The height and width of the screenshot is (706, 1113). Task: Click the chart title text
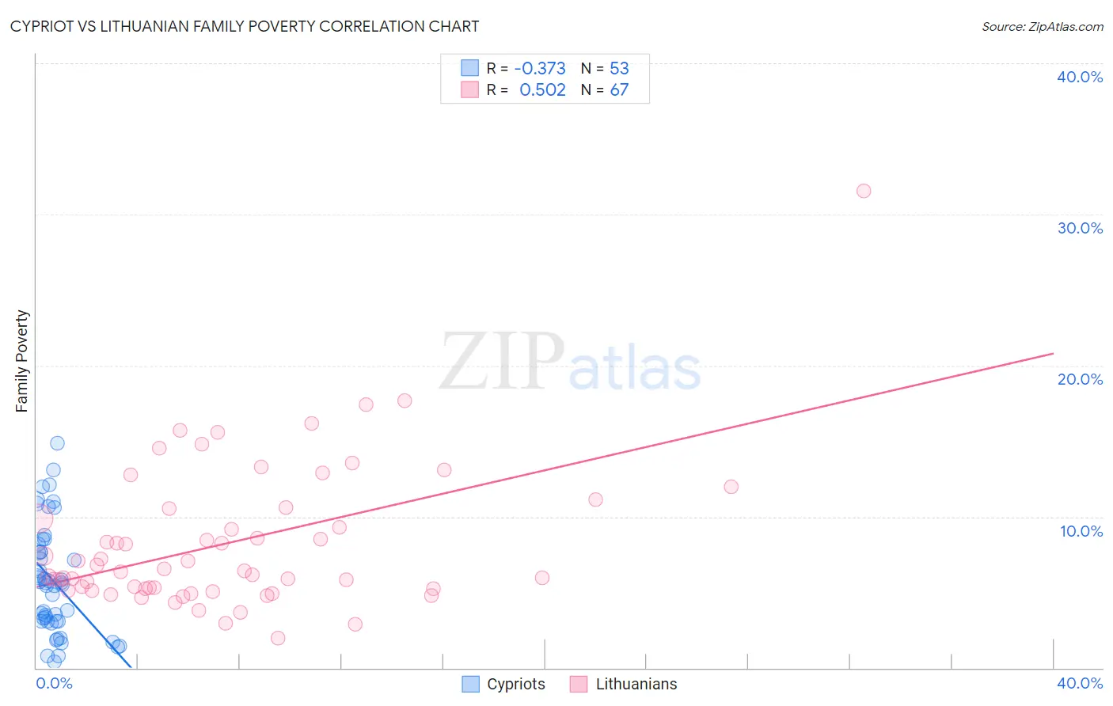[x=245, y=26]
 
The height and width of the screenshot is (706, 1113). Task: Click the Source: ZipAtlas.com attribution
[x=1042, y=27]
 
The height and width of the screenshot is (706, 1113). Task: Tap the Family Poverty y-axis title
[x=22, y=361]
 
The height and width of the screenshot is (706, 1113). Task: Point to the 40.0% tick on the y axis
[x=1080, y=77]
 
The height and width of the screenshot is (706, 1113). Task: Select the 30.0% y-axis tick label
[x=1080, y=228]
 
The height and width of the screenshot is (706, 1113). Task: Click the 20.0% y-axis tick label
[x=1080, y=379]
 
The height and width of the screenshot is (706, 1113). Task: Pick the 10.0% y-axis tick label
[x=1081, y=531]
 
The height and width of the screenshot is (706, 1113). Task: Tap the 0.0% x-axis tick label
[x=54, y=683]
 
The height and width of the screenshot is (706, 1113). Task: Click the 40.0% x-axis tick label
[x=1080, y=683]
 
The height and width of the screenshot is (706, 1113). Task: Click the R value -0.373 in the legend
[x=540, y=68]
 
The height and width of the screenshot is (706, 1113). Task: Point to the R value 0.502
[x=542, y=89]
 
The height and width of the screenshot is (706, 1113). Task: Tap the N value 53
[x=619, y=68]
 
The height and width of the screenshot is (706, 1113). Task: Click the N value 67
[x=619, y=89]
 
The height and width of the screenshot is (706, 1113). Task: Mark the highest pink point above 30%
[x=864, y=191]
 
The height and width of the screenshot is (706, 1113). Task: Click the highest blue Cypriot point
[x=57, y=443]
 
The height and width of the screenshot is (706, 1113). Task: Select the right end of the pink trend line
[x=1053, y=353]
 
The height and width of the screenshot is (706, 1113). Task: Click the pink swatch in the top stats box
[x=470, y=89]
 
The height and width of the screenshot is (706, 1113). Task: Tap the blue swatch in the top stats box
[x=470, y=68]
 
